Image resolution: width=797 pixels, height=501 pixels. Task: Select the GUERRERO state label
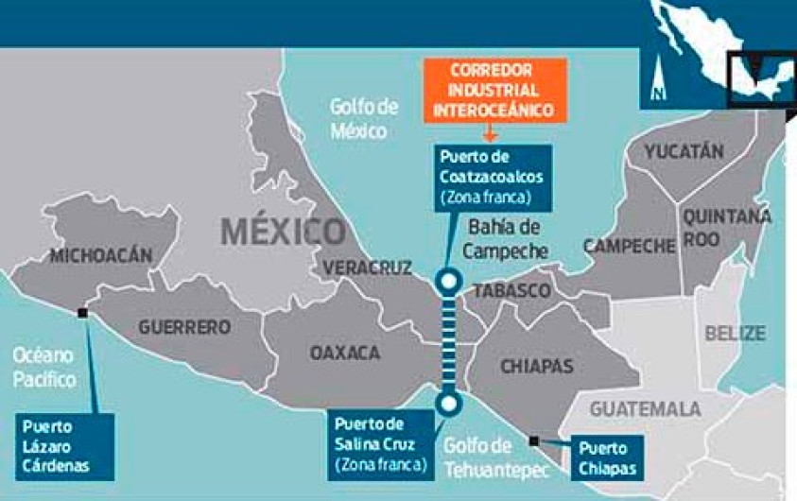click(x=184, y=327)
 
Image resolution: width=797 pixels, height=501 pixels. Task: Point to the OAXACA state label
click(x=345, y=353)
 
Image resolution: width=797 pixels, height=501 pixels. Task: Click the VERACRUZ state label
click(x=368, y=268)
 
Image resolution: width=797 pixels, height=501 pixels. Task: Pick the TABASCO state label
click(x=511, y=289)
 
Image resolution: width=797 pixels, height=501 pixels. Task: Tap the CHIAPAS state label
click(x=536, y=365)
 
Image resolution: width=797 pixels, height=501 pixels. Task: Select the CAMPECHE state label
click(x=630, y=247)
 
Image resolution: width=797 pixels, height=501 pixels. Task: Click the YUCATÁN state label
click(x=684, y=151)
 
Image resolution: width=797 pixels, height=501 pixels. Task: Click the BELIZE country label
click(x=735, y=333)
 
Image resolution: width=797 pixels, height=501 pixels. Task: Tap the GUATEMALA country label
click(x=646, y=409)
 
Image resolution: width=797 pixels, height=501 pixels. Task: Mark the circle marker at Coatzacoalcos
click(x=449, y=280)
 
